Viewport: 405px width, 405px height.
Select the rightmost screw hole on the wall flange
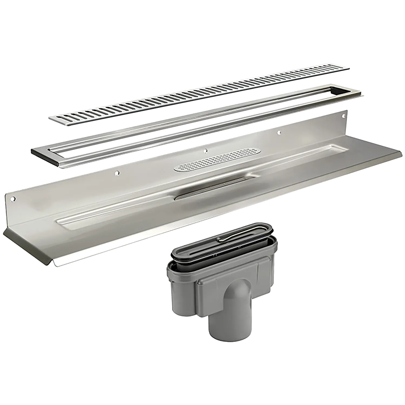click(344, 116)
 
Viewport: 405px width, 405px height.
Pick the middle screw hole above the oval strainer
click(206, 151)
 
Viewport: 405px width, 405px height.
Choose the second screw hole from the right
click(279, 132)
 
